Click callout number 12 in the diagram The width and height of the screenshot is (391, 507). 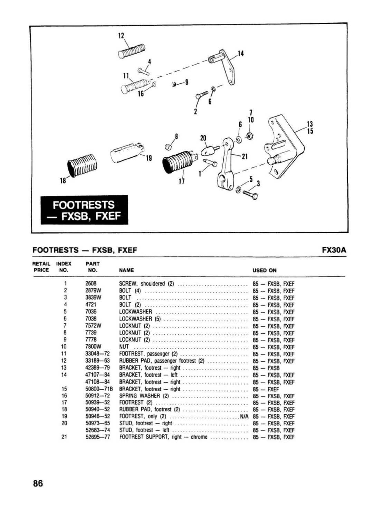pos(121,36)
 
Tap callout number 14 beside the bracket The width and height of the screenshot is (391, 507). pos(240,53)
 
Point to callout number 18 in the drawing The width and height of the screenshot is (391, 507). pos(63,181)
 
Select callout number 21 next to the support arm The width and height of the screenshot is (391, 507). pos(245,156)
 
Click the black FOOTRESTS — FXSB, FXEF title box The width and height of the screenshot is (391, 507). pos(84,210)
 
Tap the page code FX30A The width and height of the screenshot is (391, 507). pos(334,250)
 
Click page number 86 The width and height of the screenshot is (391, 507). pos(38,483)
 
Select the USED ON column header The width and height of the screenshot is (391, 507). pos(265,270)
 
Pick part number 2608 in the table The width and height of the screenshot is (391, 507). pos(91,284)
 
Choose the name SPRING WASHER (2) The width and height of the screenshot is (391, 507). pos(144,396)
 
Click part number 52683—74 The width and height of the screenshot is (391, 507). pos(98,430)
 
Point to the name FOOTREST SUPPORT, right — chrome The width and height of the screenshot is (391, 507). pos(163,437)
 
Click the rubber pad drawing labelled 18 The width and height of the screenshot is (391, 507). pos(82,165)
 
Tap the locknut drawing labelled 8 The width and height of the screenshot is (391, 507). pos(167,147)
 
